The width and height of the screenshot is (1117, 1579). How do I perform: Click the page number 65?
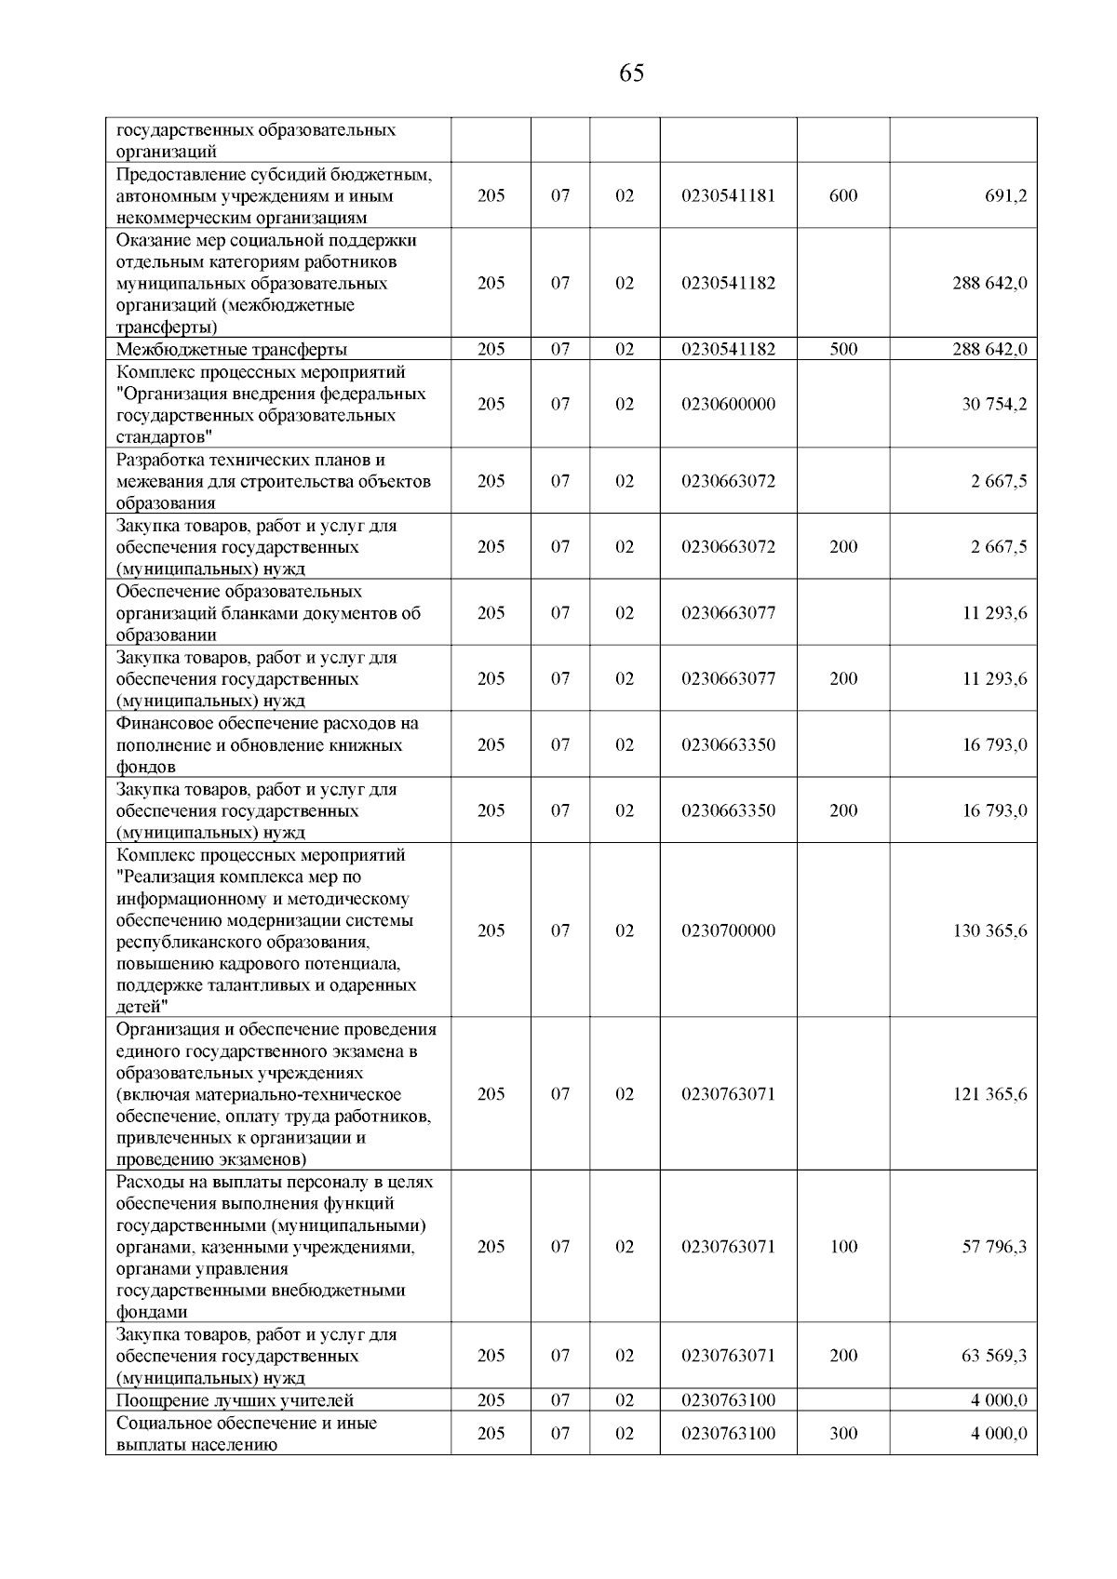(630, 74)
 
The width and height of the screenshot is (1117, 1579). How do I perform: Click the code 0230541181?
(728, 196)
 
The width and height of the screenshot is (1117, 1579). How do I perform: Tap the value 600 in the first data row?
(843, 196)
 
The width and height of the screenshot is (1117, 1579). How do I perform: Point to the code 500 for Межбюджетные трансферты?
(843, 350)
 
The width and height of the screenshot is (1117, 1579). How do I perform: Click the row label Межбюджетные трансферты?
(232, 350)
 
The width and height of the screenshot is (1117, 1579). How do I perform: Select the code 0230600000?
(728, 404)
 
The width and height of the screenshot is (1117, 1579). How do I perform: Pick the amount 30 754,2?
(994, 404)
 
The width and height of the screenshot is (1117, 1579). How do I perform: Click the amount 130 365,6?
(989, 930)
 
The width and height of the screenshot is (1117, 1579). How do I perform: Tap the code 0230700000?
(728, 930)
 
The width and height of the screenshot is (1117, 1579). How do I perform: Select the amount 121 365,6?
(989, 1094)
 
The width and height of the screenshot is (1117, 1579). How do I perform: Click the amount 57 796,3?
(994, 1247)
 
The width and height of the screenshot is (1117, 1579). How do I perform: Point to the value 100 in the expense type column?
(843, 1247)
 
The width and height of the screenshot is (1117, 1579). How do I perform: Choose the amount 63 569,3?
(994, 1356)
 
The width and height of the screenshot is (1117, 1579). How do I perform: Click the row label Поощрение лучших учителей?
(236, 1400)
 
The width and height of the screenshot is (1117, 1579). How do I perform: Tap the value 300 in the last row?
(843, 1434)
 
